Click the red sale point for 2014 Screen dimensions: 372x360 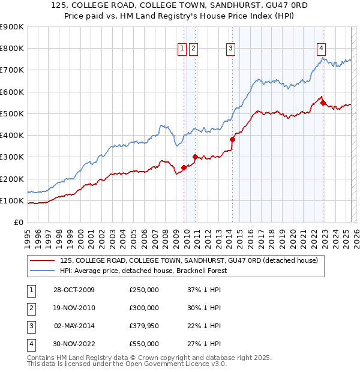pyautogui.click(x=232, y=139)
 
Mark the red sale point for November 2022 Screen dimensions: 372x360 pyautogui.click(x=323, y=103)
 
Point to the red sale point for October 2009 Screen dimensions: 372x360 pyautogui.click(x=184, y=167)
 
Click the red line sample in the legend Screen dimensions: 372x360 pyautogui.click(x=43, y=260)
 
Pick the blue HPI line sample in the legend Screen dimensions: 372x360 pyautogui.click(x=43, y=271)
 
